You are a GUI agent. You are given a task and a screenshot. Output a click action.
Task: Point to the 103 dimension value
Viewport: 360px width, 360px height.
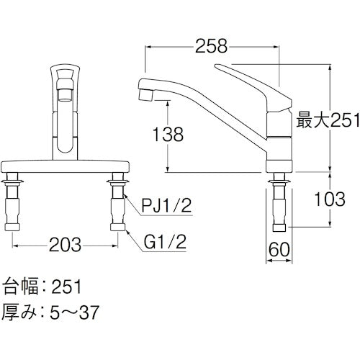coord(330,203)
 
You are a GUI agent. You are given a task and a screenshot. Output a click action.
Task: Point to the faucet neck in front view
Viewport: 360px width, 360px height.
coord(66,130)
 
